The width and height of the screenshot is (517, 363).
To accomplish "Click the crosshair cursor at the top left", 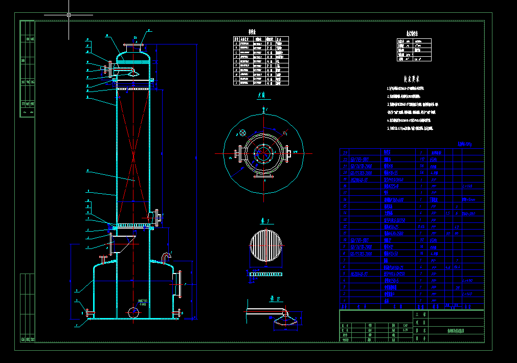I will coord(69,15).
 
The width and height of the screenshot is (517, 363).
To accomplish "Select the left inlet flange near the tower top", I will coord(109,68).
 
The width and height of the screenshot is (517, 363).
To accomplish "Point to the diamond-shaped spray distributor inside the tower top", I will coord(133,73).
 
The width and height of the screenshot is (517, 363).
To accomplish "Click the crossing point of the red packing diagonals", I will coord(133,153).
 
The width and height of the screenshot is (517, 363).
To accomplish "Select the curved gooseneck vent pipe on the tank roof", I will coord(167,256).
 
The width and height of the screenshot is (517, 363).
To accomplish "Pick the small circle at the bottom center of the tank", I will coord(133,312).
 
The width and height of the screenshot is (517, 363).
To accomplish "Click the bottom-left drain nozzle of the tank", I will coord(89,312).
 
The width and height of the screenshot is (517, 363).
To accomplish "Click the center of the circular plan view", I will coord(264,153).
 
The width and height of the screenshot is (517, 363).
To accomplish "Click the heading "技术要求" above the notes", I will coord(411,80).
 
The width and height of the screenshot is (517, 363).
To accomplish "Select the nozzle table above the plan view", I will coord(261,60).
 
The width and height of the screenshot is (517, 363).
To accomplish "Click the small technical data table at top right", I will coord(414,50).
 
